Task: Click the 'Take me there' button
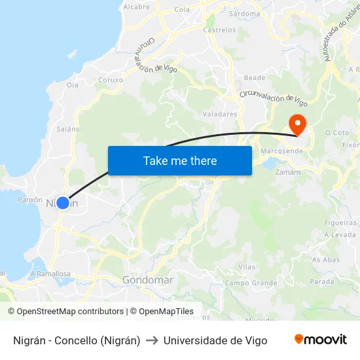pos(179,160)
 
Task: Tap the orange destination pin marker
pos(297,124)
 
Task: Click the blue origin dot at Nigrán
pos(62,203)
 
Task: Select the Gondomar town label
pos(148,280)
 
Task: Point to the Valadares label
pos(219,114)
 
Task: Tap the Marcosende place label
pos(281,151)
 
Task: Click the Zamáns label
pos(289,171)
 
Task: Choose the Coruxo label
pos(110,80)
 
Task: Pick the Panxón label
pos(30,200)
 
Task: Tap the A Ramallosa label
pos(50,274)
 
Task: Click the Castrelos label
pos(219,30)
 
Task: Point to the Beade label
pos(254,78)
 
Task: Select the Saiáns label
pos(67,129)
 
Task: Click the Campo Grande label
pos(251,283)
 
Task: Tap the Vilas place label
pos(247,267)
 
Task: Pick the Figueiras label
pos(340,223)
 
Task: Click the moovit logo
pos(321,340)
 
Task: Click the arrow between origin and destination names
pos(152,340)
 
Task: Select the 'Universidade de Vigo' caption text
pos(215,340)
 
